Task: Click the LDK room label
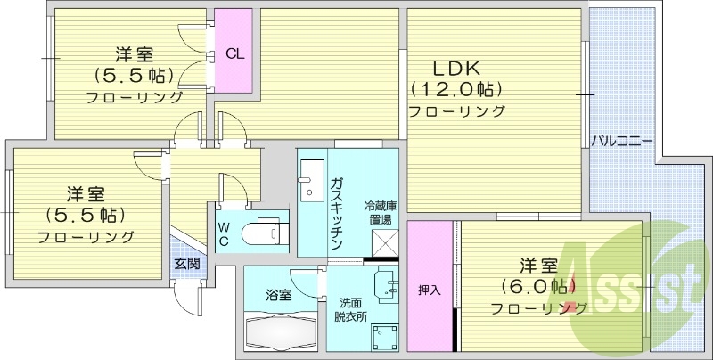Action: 456,68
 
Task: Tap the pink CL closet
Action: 234,53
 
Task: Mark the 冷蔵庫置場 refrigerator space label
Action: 380,213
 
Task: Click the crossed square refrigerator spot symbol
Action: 383,241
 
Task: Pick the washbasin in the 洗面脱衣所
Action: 385,282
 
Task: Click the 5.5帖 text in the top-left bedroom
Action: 136,74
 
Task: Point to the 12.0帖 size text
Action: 456,89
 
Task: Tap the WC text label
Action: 225,233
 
